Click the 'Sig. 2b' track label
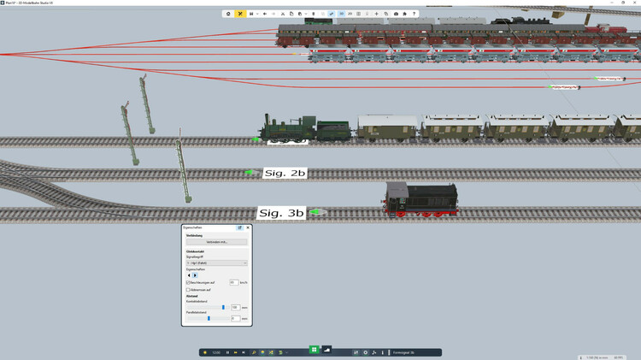tap(285, 173)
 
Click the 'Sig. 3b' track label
tap(282, 212)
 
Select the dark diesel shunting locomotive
tap(420, 199)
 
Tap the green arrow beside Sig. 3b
tap(316, 211)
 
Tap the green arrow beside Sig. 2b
tap(250, 173)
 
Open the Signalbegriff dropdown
tap(216, 263)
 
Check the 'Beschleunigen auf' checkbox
tap(188, 282)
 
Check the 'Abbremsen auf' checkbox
tap(188, 290)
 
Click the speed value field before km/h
tap(234, 282)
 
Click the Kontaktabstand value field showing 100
tap(235, 307)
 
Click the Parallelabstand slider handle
tap(209, 318)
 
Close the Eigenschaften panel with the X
tap(248, 228)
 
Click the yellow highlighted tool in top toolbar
tap(240, 14)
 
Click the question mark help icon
tap(415, 14)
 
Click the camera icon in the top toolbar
tap(396, 14)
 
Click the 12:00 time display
tap(216, 352)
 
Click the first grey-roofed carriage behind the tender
tap(387, 127)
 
